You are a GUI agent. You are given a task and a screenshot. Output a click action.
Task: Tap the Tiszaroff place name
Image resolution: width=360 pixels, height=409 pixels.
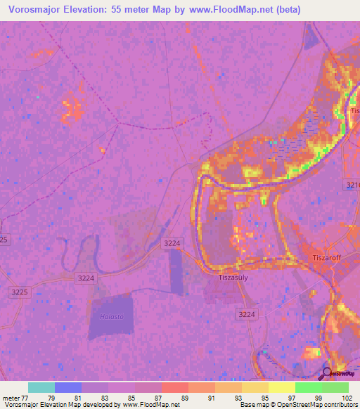point(326,258)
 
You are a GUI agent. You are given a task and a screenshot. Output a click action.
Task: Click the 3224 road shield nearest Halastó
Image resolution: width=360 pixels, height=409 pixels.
point(85,278)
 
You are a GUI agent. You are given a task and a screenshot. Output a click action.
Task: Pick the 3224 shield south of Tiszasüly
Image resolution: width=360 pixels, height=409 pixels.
point(247,313)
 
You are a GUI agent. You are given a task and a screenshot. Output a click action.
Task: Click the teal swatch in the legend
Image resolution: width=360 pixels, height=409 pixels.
point(41,387)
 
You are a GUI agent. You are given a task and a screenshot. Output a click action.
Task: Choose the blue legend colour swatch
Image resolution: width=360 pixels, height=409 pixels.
point(68,387)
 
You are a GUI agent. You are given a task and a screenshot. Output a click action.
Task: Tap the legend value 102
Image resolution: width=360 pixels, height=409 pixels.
point(347,398)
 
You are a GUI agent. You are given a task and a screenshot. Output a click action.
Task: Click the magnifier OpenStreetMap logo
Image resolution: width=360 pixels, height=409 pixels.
point(328,374)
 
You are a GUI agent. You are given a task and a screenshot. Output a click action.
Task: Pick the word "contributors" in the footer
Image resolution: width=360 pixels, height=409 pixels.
point(339,405)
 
